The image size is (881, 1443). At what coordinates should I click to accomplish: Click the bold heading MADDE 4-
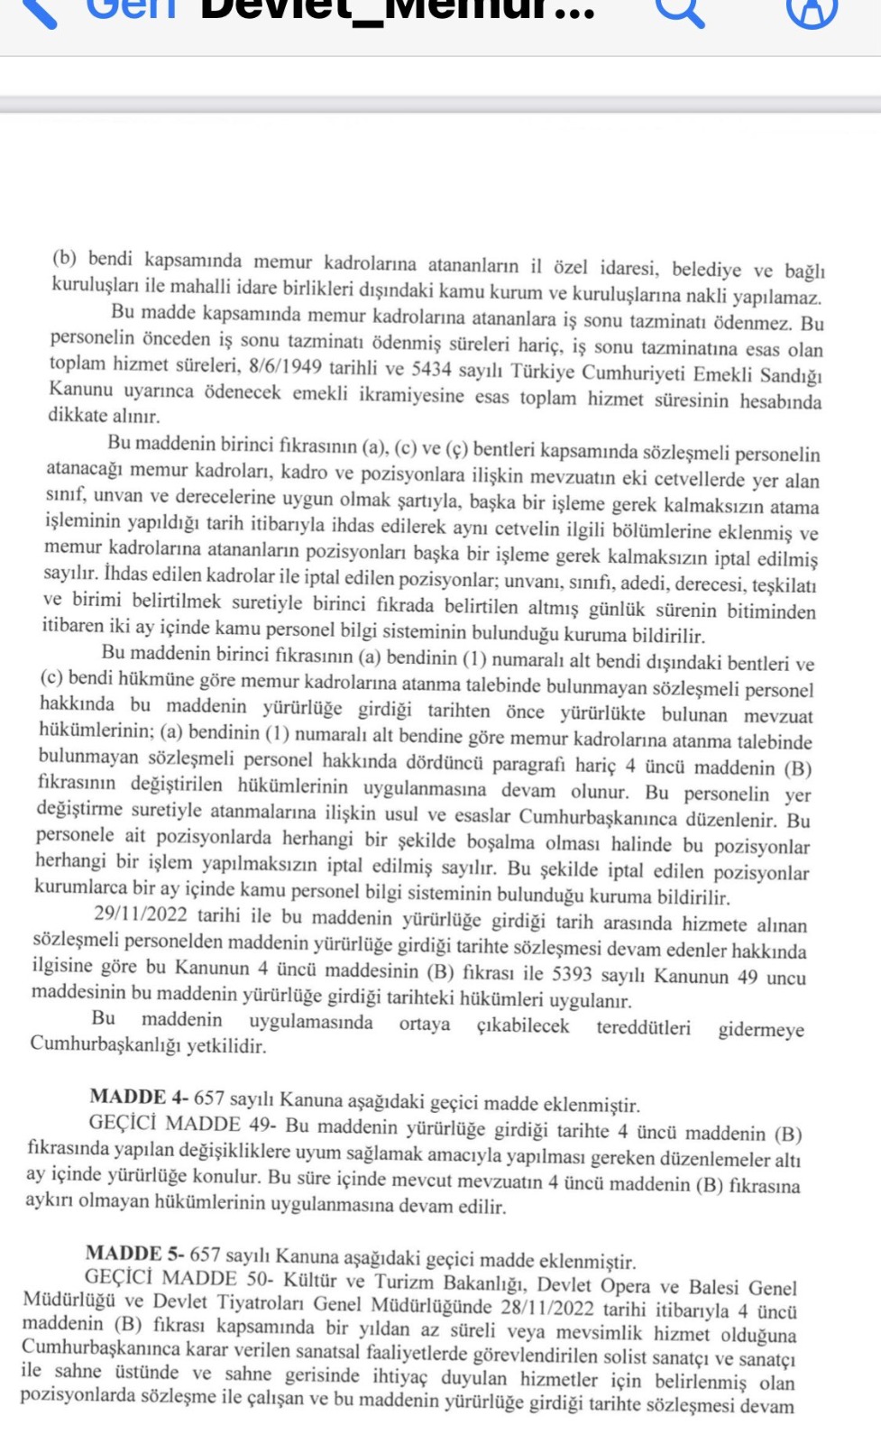click(139, 1098)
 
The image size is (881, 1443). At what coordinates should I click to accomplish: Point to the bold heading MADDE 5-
click(135, 1254)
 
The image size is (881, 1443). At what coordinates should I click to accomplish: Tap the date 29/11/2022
click(141, 915)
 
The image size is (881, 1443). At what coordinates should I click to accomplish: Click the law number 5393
click(572, 975)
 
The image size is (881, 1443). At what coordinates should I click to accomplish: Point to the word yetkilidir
click(226, 1046)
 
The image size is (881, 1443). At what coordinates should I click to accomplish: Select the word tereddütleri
click(643, 1027)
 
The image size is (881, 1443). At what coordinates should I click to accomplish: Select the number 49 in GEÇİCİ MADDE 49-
click(261, 1125)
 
